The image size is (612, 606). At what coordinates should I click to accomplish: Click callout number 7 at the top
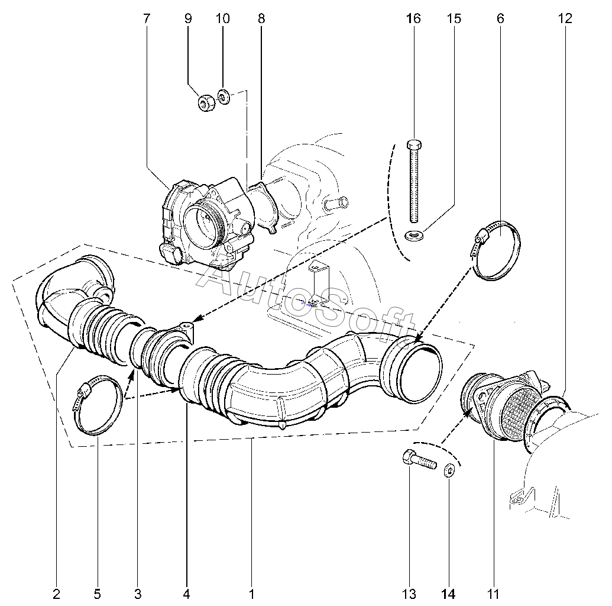[147, 18]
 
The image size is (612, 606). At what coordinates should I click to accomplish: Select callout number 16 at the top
[414, 18]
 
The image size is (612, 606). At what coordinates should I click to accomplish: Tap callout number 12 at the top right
[565, 18]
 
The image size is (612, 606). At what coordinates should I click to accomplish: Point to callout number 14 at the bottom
[448, 594]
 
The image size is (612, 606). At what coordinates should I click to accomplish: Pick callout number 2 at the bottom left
[56, 594]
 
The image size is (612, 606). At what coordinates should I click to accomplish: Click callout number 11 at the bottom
[494, 594]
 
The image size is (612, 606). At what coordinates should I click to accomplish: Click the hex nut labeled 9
[205, 103]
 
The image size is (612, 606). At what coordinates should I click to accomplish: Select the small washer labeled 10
[224, 97]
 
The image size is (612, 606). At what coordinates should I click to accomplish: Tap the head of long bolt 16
[414, 145]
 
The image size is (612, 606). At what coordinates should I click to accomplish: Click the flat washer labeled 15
[414, 236]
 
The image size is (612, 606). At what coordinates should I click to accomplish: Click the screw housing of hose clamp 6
[480, 237]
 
